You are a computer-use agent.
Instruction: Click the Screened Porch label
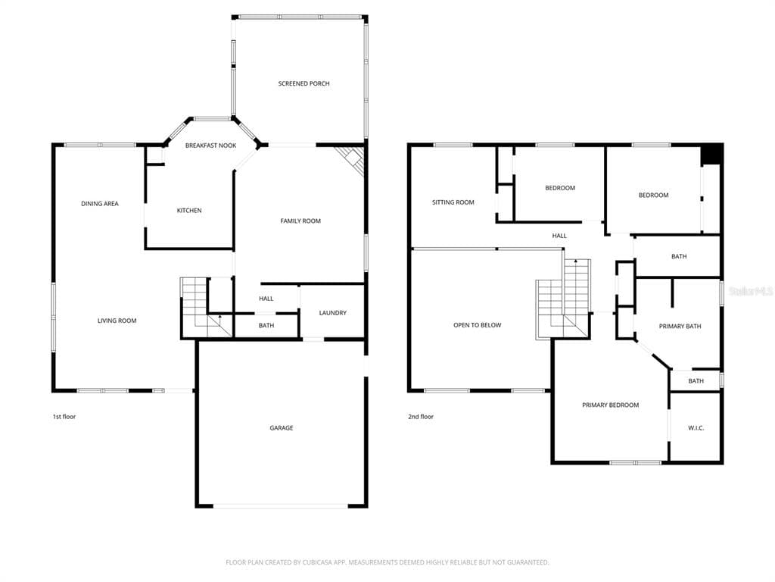[303, 83]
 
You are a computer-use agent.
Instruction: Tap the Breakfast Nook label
[210, 145]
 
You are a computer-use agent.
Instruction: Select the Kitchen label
[189, 211]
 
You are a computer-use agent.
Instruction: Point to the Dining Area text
[100, 203]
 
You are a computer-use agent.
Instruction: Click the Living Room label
[117, 321]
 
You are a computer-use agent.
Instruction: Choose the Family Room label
[300, 221]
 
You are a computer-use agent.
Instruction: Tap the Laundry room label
[333, 313]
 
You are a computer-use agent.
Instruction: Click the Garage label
[282, 427]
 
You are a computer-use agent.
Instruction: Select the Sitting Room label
[453, 202]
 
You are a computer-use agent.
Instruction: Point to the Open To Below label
[478, 325]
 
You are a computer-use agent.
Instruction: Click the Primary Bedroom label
[611, 405]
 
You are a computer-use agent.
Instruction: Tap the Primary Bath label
[680, 326]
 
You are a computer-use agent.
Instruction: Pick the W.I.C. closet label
[696, 427]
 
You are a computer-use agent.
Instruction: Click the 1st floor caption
[64, 417]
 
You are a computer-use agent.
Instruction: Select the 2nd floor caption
[421, 417]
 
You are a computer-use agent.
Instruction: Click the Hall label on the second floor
[559, 236]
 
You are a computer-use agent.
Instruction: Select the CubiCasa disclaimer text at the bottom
[387, 562]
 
